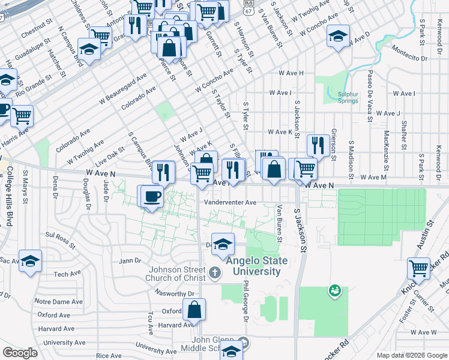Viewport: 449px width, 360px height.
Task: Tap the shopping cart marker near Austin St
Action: coord(419,267)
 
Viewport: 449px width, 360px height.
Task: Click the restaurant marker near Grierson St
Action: coord(318,145)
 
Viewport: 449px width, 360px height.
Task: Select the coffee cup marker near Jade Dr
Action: coord(152,196)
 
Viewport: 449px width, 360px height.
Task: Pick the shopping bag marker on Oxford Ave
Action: coord(194,310)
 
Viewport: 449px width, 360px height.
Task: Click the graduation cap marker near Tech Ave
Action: coord(30,261)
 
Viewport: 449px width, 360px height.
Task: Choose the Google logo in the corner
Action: coord(20,353)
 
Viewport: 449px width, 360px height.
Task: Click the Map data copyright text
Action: coord(411,355)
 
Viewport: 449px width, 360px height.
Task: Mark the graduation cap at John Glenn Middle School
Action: coord(231,350)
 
